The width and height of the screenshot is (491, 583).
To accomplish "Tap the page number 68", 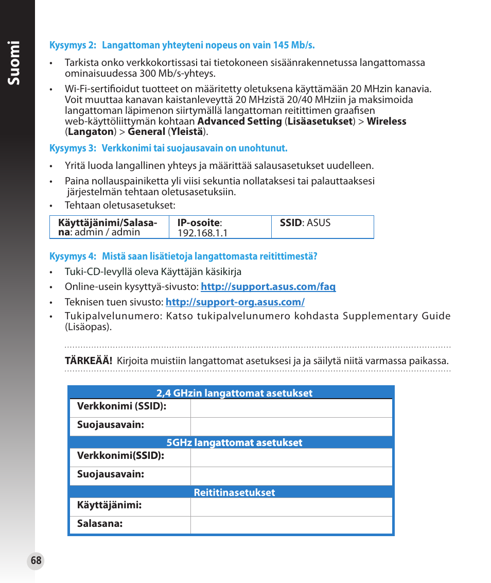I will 36,561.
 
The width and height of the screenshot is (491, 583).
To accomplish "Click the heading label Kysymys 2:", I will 73,45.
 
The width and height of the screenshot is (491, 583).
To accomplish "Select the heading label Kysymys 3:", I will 73,148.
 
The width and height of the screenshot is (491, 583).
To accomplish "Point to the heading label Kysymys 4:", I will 73,256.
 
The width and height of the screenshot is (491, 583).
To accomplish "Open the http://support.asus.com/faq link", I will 268,287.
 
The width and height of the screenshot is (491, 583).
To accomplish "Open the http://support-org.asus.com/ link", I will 235,302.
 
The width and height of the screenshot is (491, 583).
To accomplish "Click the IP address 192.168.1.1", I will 202,233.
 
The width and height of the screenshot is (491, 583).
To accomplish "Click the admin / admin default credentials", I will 107,232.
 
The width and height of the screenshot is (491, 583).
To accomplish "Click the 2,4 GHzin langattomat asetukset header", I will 231,393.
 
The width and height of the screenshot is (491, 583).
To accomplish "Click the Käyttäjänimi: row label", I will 109,505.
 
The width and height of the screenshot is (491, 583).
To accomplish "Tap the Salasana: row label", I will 100,524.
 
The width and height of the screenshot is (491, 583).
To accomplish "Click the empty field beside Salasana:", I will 291,525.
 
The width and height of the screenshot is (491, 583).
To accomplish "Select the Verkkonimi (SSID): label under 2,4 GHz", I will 121,406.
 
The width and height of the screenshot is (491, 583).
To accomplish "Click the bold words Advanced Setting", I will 239,122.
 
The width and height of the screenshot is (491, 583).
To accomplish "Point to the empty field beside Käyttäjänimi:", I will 291,507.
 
